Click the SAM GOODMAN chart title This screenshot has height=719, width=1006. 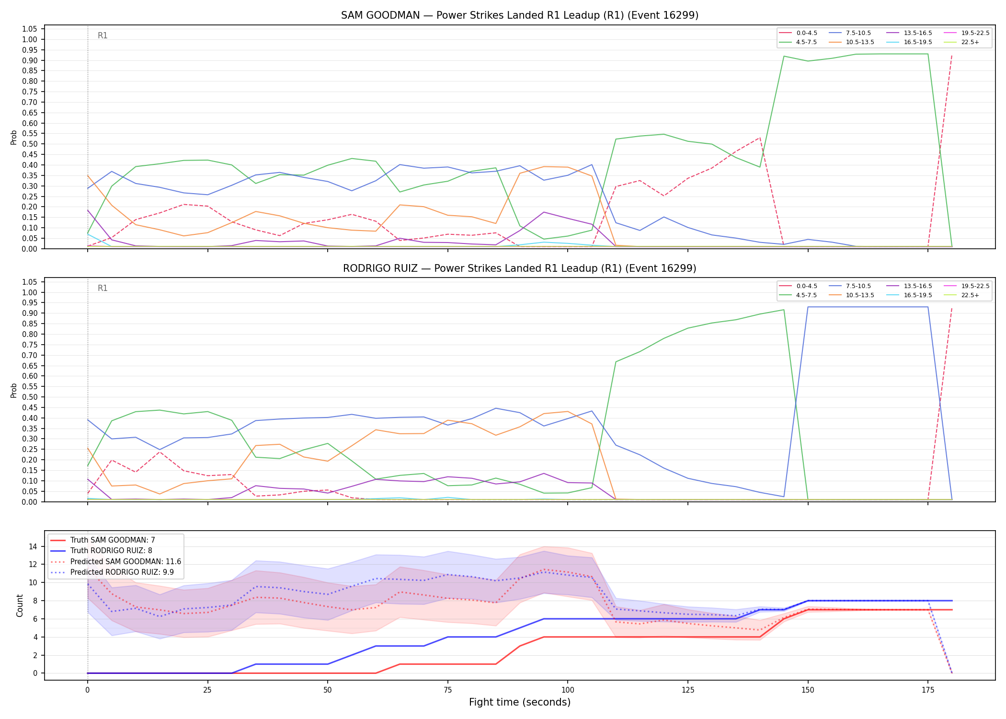[520, 15]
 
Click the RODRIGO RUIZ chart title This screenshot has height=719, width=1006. [520, 268]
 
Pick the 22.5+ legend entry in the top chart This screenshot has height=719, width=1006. [961, 42]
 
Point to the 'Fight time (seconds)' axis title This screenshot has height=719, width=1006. [520, 702]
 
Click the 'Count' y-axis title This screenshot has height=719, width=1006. [20, 605]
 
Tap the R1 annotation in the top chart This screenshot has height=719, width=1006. [103, 35]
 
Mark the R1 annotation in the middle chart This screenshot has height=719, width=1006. [103, 288]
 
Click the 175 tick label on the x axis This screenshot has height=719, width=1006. [928, 690]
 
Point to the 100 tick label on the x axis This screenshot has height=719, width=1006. [568, 690]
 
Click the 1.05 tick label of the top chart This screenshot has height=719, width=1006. [30, 29]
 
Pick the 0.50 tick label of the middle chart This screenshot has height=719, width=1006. [30, 397]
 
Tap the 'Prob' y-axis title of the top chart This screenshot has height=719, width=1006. [14, 138]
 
